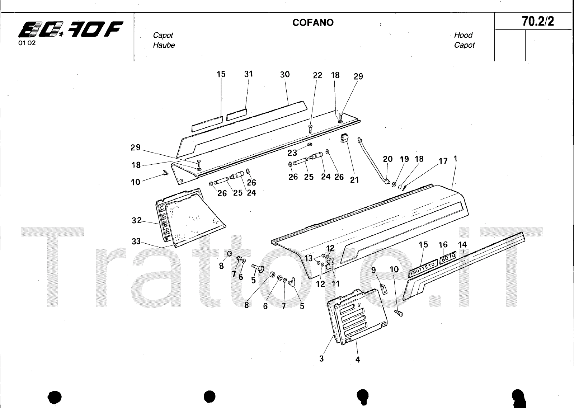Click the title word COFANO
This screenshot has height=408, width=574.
point(313,23)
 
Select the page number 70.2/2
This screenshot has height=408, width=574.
point(538,22)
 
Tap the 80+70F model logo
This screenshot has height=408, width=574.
point(71,29)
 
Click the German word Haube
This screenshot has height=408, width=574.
point(164,45)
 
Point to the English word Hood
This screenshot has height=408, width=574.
point(463,35)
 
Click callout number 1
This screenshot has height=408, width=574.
point(455,159)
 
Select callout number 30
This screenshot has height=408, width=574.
point(285,75)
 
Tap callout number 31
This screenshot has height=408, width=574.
point(249,74)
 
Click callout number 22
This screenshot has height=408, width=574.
point(317,75)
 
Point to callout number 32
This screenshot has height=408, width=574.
point(137,220)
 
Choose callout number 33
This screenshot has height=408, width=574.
point(136,241)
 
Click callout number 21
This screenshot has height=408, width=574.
point(354,180)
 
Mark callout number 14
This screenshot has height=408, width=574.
point(462,245)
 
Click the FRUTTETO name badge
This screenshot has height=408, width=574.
point(423,268)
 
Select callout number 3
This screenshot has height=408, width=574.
point(321,358)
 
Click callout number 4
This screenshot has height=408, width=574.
point(358,360)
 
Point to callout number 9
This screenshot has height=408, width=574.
point(373,270)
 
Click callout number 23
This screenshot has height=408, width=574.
point(292,153)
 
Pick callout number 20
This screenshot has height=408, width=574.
point(388,159)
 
